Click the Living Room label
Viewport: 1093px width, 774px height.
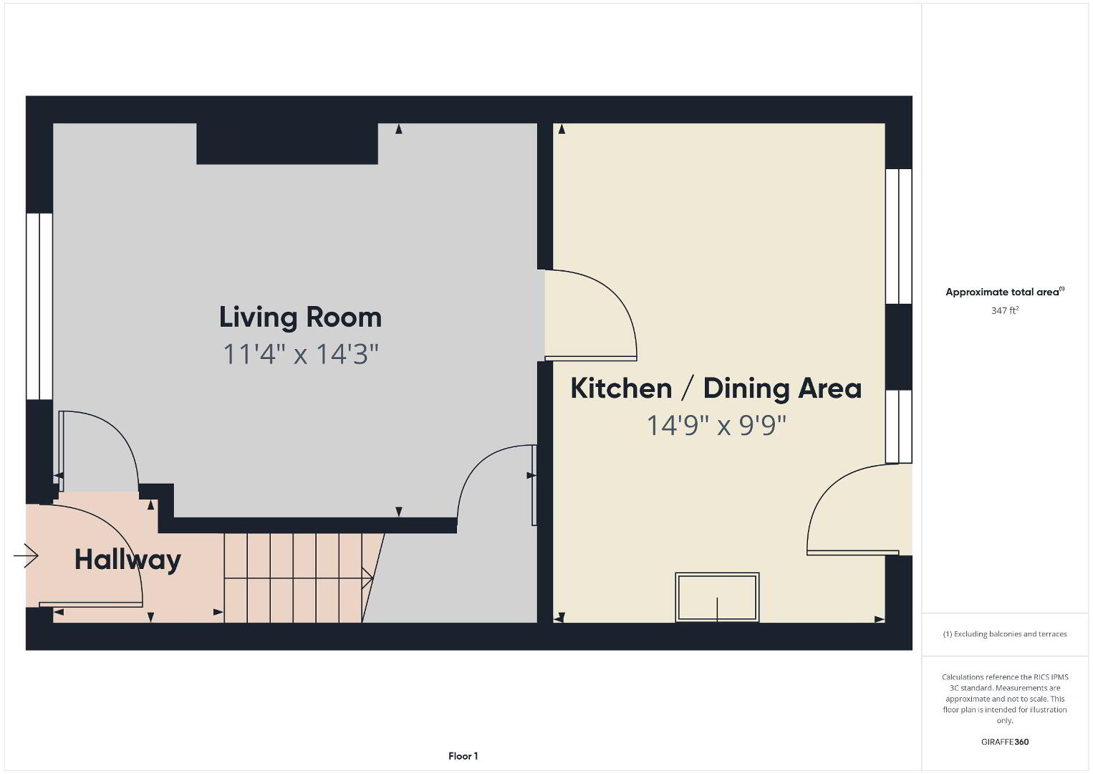[300, 317]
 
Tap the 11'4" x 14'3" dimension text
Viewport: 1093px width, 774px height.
[301, 354]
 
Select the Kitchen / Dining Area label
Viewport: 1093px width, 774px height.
[716, 388]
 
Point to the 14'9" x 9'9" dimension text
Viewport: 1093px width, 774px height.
[716, 425]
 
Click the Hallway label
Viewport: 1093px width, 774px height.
[127, 560]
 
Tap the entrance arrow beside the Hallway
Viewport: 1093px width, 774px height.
[26, 555]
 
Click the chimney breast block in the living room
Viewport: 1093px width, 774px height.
[287, 143]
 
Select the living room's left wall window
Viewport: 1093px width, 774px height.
[39, 306]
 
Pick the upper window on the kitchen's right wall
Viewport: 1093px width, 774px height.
[898, 236]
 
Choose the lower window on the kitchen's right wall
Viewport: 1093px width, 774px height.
[898, 426]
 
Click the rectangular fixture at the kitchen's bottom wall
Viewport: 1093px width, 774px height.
[717, 597]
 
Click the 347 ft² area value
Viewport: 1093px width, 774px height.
[1005, 310]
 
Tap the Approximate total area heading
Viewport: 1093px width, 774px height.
[1005, 292]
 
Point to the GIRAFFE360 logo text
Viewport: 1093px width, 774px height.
[1005, 742]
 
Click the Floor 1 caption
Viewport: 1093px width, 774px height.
[463, 756]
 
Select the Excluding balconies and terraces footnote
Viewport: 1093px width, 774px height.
[1005, 634]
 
